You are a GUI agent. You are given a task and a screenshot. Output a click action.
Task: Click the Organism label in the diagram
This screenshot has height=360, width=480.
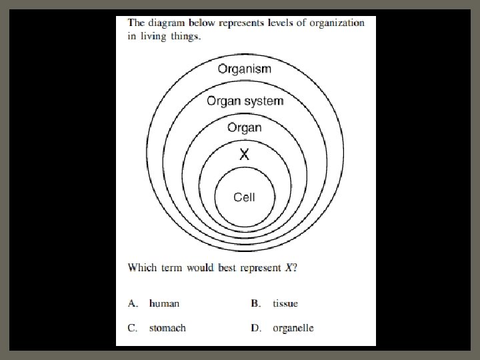pos(245,69)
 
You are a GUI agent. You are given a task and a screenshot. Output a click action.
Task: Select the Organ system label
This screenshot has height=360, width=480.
pos(245,101)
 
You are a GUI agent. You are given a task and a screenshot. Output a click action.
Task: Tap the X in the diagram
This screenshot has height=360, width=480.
pos(245,155)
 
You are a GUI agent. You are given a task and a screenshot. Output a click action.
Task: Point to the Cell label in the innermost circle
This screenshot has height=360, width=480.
pos(244,197)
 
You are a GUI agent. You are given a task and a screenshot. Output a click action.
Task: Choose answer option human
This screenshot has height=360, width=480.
pos(164,303)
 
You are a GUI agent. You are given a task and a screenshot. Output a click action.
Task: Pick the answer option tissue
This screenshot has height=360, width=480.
pos(285,303)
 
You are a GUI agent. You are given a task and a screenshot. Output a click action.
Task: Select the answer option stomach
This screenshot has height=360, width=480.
pos(167,328)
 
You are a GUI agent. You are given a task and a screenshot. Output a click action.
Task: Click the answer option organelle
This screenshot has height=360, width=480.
pos(293,328)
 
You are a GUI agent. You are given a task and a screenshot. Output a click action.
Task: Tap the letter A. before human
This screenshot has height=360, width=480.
pos(133,303)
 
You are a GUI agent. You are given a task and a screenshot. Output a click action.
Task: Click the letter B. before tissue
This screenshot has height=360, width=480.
pos(255,303)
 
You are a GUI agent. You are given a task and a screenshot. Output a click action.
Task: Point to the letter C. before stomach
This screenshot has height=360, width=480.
pos(133,328)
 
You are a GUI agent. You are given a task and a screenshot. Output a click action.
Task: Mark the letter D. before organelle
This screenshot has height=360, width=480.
pos(255,328)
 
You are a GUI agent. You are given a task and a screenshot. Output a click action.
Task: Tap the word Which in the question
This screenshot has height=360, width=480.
pos(142,268)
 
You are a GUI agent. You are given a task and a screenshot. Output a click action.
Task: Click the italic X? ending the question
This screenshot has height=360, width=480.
pos(291,268)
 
